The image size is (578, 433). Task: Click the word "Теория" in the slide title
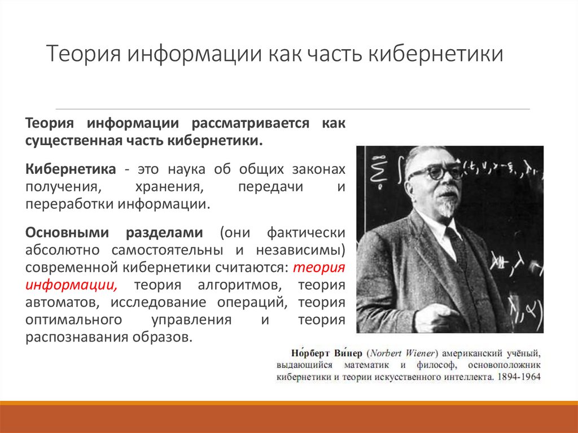(84, 56)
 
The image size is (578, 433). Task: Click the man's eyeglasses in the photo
(435, 172)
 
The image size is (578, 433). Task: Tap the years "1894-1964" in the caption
(518, 377)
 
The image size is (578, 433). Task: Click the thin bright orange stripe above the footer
(289, 403)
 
